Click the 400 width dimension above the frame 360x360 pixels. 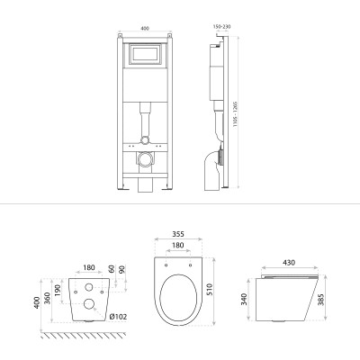click(x=145, y=29)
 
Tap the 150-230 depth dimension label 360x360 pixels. click(x=221, y=27)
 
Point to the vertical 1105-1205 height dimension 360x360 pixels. click(x=236, y=114)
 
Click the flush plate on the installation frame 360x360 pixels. click(x=145, y=54)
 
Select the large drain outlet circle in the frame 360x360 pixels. click(x=145, y=158)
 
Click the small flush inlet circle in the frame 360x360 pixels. click(x=145, y=139)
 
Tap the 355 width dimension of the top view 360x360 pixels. click(x=178, y=234)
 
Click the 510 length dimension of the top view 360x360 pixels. click(x=210, y=290)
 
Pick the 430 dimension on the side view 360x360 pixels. click(x=289, y=262)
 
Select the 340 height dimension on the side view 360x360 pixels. click(x=244, y=300)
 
